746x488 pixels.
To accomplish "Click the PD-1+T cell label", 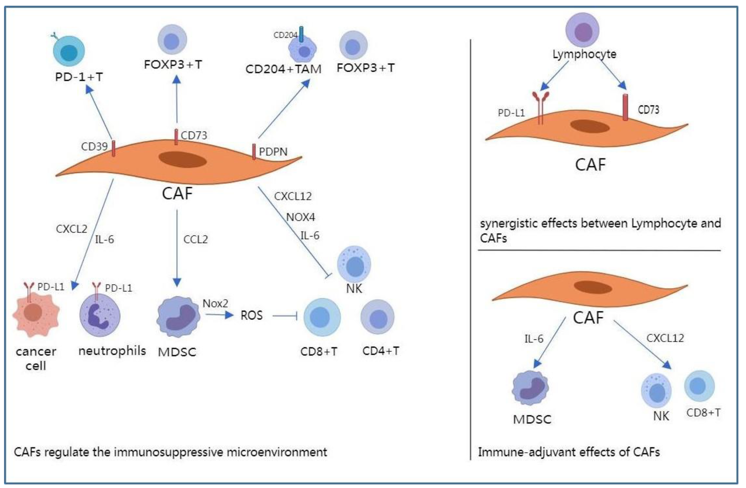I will coord(79,77).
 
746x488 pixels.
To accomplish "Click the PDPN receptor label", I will coord(273,152).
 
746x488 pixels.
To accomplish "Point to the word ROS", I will coord(251,315).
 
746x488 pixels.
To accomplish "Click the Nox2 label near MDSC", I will coord(215,303).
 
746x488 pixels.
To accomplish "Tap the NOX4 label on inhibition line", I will coord(300,217).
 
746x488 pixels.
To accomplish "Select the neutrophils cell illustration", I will coord(100,315).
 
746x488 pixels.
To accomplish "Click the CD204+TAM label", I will coord(283,69).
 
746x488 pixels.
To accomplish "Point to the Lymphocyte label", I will coord(584,54).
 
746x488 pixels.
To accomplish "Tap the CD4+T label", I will coord(381,351).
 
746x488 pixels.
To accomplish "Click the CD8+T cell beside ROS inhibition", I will coord(322,317).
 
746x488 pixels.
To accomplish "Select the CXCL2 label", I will coord(71,229).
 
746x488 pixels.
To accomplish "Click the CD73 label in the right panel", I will coord(648,110).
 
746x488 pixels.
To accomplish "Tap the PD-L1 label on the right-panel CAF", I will coord(511,113).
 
